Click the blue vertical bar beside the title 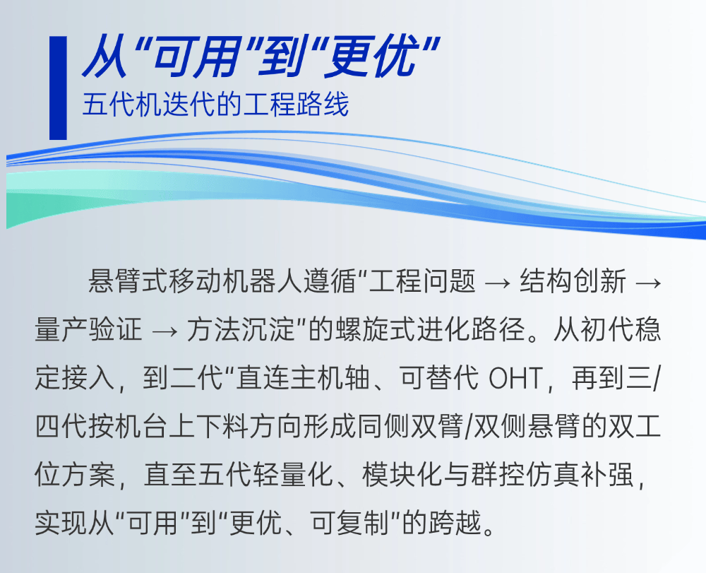58,88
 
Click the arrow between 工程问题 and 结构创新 498,283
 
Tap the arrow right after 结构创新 648,283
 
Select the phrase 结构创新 573,281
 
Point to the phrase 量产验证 88,330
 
